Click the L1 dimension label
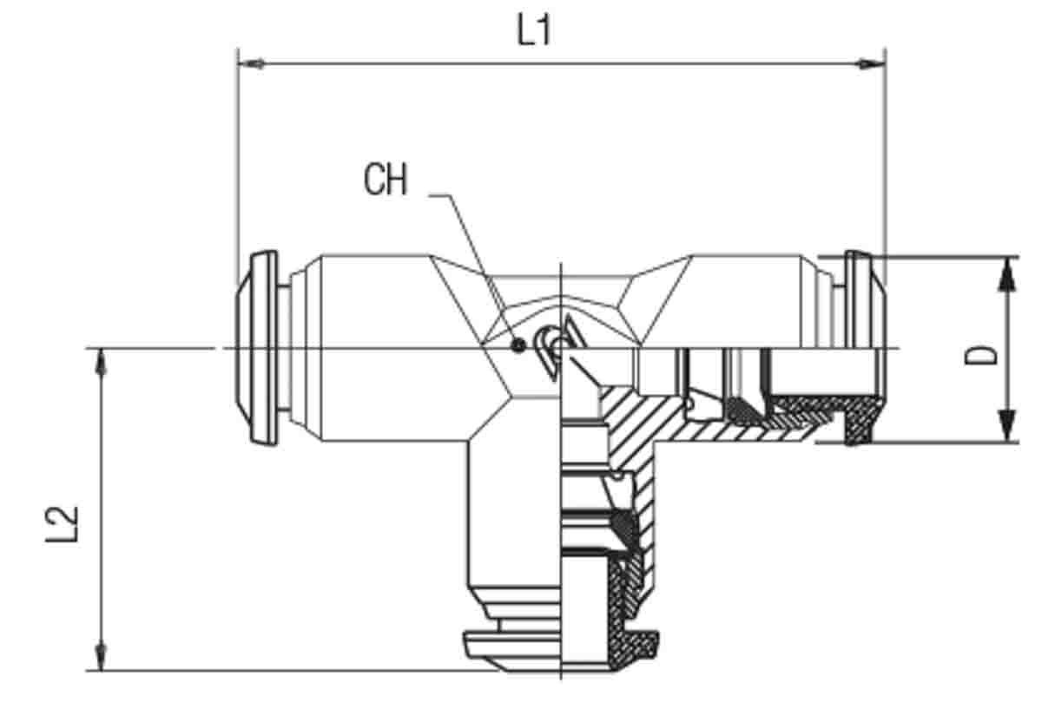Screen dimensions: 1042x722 pos(535,30)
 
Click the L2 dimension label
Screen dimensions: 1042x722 pos(63,524)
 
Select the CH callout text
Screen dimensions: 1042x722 pos(386,180)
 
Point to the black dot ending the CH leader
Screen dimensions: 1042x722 pos(518,345)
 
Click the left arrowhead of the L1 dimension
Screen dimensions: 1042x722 pos(251,63)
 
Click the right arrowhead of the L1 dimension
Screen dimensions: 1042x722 pos(872,63)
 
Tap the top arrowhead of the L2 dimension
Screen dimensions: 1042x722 pos(101,361)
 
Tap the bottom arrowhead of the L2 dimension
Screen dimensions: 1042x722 pos(101,657)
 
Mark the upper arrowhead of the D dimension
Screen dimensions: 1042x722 pos(1007,274)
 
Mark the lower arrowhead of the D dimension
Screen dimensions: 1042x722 pos(1007,425)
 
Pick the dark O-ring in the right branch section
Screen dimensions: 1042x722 pos(743,410)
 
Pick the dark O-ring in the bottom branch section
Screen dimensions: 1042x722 pos(623,526)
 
